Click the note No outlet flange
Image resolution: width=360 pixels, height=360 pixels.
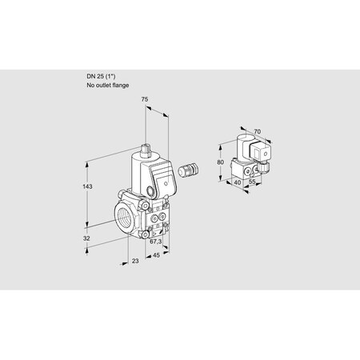pyautogui.click(x=106, y=84)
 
